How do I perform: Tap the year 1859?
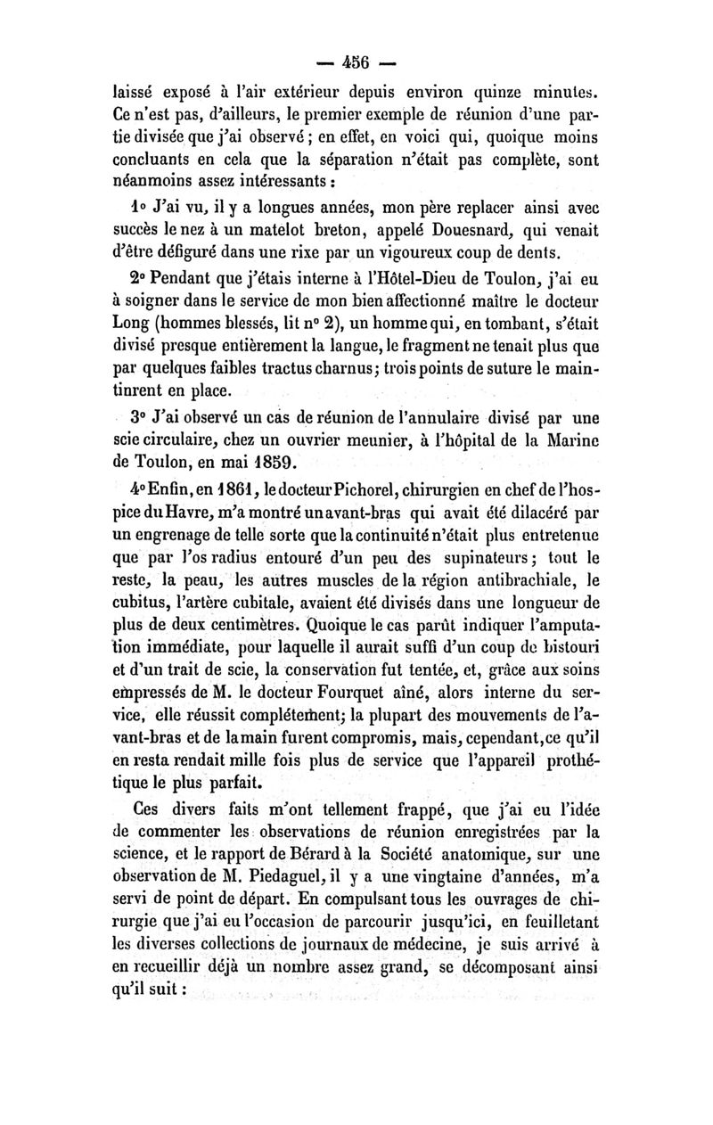(x=265, y=460)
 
